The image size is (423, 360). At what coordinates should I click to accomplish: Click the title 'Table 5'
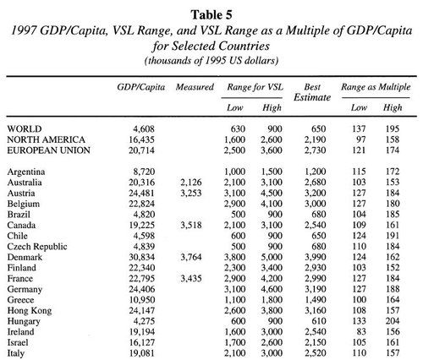tap(211, 8)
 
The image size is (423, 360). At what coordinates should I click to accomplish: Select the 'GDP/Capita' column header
tap(139, 87)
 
